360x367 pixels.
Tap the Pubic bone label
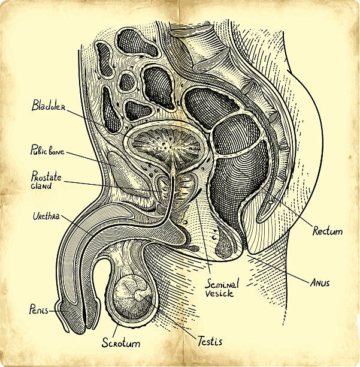coord(47,150)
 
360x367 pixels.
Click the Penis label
coord(38,310)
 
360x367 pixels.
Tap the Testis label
coord(209,341)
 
